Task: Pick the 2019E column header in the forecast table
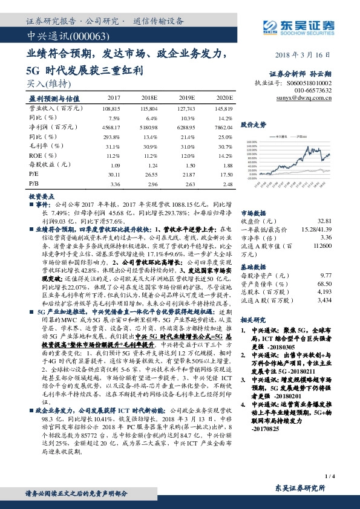click(x=189, y=97)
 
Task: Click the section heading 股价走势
click(x=253, y=125)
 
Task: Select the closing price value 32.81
click(x=325, y=221)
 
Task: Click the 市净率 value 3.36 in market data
click(x=327, y=238)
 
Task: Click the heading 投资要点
click(x=41, y=196)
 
